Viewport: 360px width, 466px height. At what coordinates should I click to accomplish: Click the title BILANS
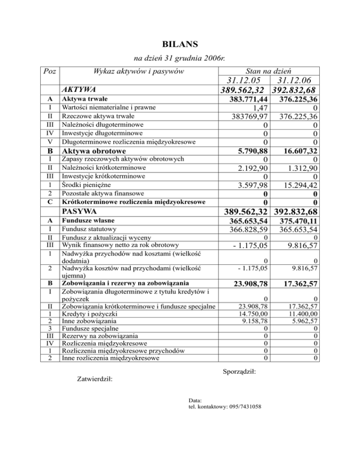point(180,45)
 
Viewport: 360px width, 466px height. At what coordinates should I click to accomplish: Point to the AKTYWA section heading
point(79,89)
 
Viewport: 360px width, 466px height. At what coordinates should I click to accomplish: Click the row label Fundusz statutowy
point(89,229)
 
